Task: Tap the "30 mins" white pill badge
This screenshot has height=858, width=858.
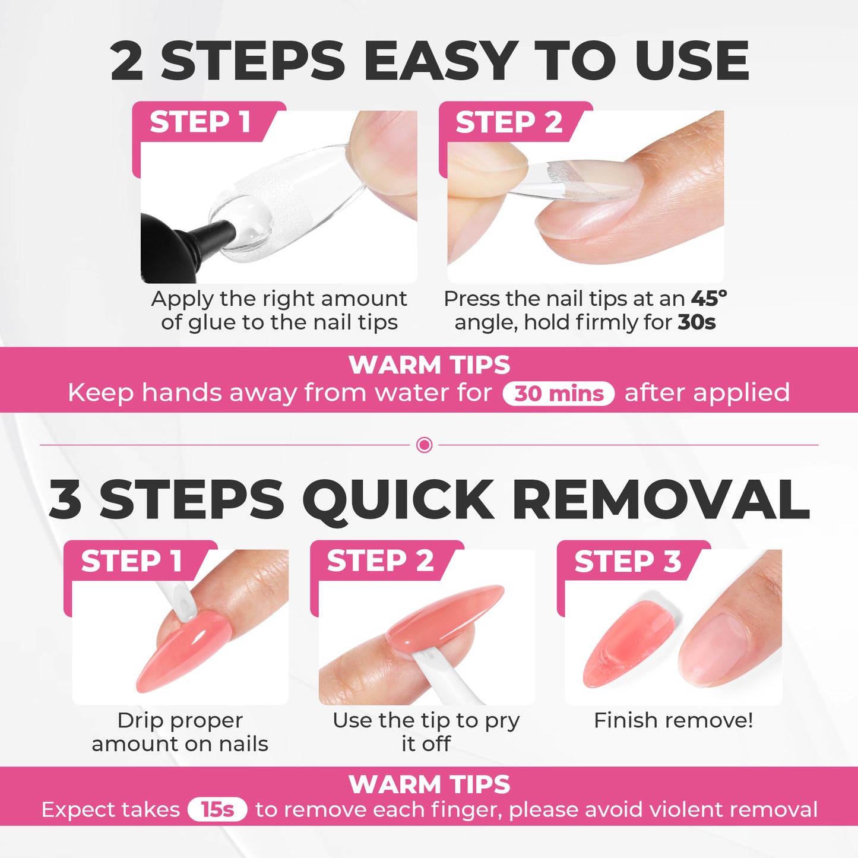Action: click(x=558, y=394)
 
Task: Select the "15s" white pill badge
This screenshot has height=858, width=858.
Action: click(x=217, y=809)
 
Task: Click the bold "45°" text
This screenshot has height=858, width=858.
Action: click(x=708, y=298)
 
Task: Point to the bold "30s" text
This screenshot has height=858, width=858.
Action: click(x=696, y=322)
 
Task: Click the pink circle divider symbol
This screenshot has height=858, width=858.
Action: click(x=425, y=445)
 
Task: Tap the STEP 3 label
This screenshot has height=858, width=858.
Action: click(x=627, y=561)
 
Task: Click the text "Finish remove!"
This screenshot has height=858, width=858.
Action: click(x=673, y=720)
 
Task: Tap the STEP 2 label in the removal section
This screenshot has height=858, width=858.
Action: click(x=380, y=561)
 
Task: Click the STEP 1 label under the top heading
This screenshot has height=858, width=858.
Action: click(x=200, y=122)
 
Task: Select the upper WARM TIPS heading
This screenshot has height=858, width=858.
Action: click(x=429, y=365)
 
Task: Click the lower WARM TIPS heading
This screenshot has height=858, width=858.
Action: click(x=429, y=784)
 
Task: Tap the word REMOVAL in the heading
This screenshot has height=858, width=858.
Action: click(x=660, y=500)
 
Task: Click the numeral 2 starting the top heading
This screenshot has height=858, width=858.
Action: click(x=127, y=61)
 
